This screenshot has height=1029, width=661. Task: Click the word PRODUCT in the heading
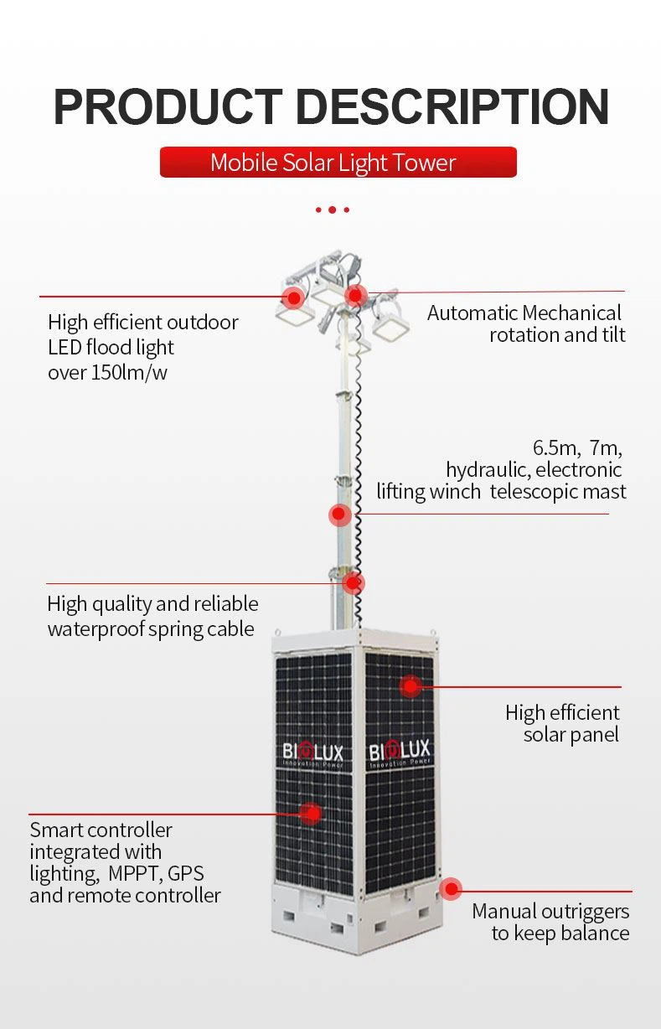click(x=168, y=106)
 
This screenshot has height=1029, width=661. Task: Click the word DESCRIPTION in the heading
click(x=453, y=106)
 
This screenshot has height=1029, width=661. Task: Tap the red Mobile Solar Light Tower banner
click(x=338, y=163)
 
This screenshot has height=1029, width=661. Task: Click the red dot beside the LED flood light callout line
click(x=293, y=297)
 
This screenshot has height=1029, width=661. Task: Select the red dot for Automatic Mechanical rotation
click(x=355, y=295)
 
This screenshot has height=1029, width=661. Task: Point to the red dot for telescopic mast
click(x=339, y=514)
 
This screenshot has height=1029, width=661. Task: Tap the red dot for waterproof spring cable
click(x=353, y=582)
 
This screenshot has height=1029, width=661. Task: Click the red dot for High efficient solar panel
click(x=411, y=686)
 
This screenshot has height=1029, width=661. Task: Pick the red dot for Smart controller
click(x=312, y=814)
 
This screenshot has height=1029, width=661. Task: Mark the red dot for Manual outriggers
click(x=451, y=889)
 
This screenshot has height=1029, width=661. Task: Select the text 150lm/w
click(x=130, y=373)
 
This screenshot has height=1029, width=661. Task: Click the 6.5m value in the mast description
click(x=557, y=448)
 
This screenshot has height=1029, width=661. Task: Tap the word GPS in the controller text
click(x=186, y=874)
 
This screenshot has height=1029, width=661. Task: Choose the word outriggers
click(x=578, y=913)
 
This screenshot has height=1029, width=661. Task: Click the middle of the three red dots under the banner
click(x=332, y=210)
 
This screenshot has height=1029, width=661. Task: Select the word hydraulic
click(x=488, y=470)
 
